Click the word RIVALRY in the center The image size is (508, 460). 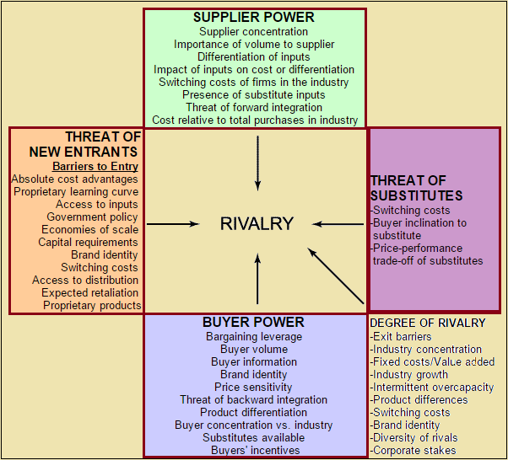pos(257,224)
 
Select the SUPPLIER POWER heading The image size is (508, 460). pos(253,17)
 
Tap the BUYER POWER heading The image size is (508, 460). pos(253,322)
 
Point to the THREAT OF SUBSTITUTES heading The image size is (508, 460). pos(408,188)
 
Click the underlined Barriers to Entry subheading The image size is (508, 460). pos(95,167)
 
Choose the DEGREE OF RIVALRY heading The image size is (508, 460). pos(428,323)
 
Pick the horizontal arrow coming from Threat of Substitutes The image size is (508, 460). pos(338,224)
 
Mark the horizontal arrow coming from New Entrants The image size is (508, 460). pos(174,224)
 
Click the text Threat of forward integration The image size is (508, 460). pos(254,107)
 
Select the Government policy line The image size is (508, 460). pos(93,217)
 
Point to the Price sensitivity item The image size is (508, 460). pos(253,388)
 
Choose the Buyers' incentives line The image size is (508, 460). pos(253,451)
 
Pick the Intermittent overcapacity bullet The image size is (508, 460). pos(432,388)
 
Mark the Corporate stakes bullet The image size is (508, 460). pos(413,451)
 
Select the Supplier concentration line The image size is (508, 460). pos(254,31)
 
